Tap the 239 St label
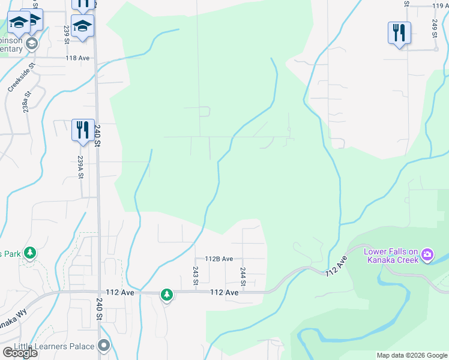click(67, 34)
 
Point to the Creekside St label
click(19, 78)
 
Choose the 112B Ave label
click(218, 259)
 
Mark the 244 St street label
click(243, 277)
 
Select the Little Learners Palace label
click(57, 346)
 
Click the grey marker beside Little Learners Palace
click(104, 346)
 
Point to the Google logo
click(20, 353)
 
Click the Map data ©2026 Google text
click(411, 355)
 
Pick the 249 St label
click(434, 28)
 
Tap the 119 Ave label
click(441, 6)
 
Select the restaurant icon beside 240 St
click(83, 130)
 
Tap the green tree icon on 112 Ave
click(166, 295)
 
